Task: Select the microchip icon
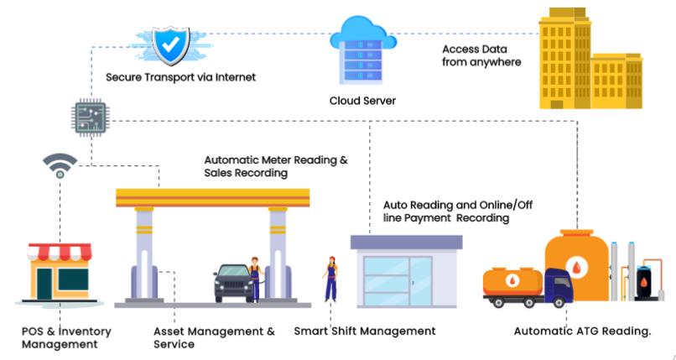click(x=90, y=116)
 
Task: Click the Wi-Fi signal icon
click(x=60, y=165)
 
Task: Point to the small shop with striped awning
click(x=58, y=271)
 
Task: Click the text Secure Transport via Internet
click(x=180, y=77)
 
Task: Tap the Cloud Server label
click(x=362, y=101)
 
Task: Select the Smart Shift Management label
click(x=365, y=331)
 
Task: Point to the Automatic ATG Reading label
click(x=582, y=331)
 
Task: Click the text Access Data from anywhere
click(x=481, y=55)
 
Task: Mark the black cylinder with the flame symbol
click(x=645, y=283)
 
